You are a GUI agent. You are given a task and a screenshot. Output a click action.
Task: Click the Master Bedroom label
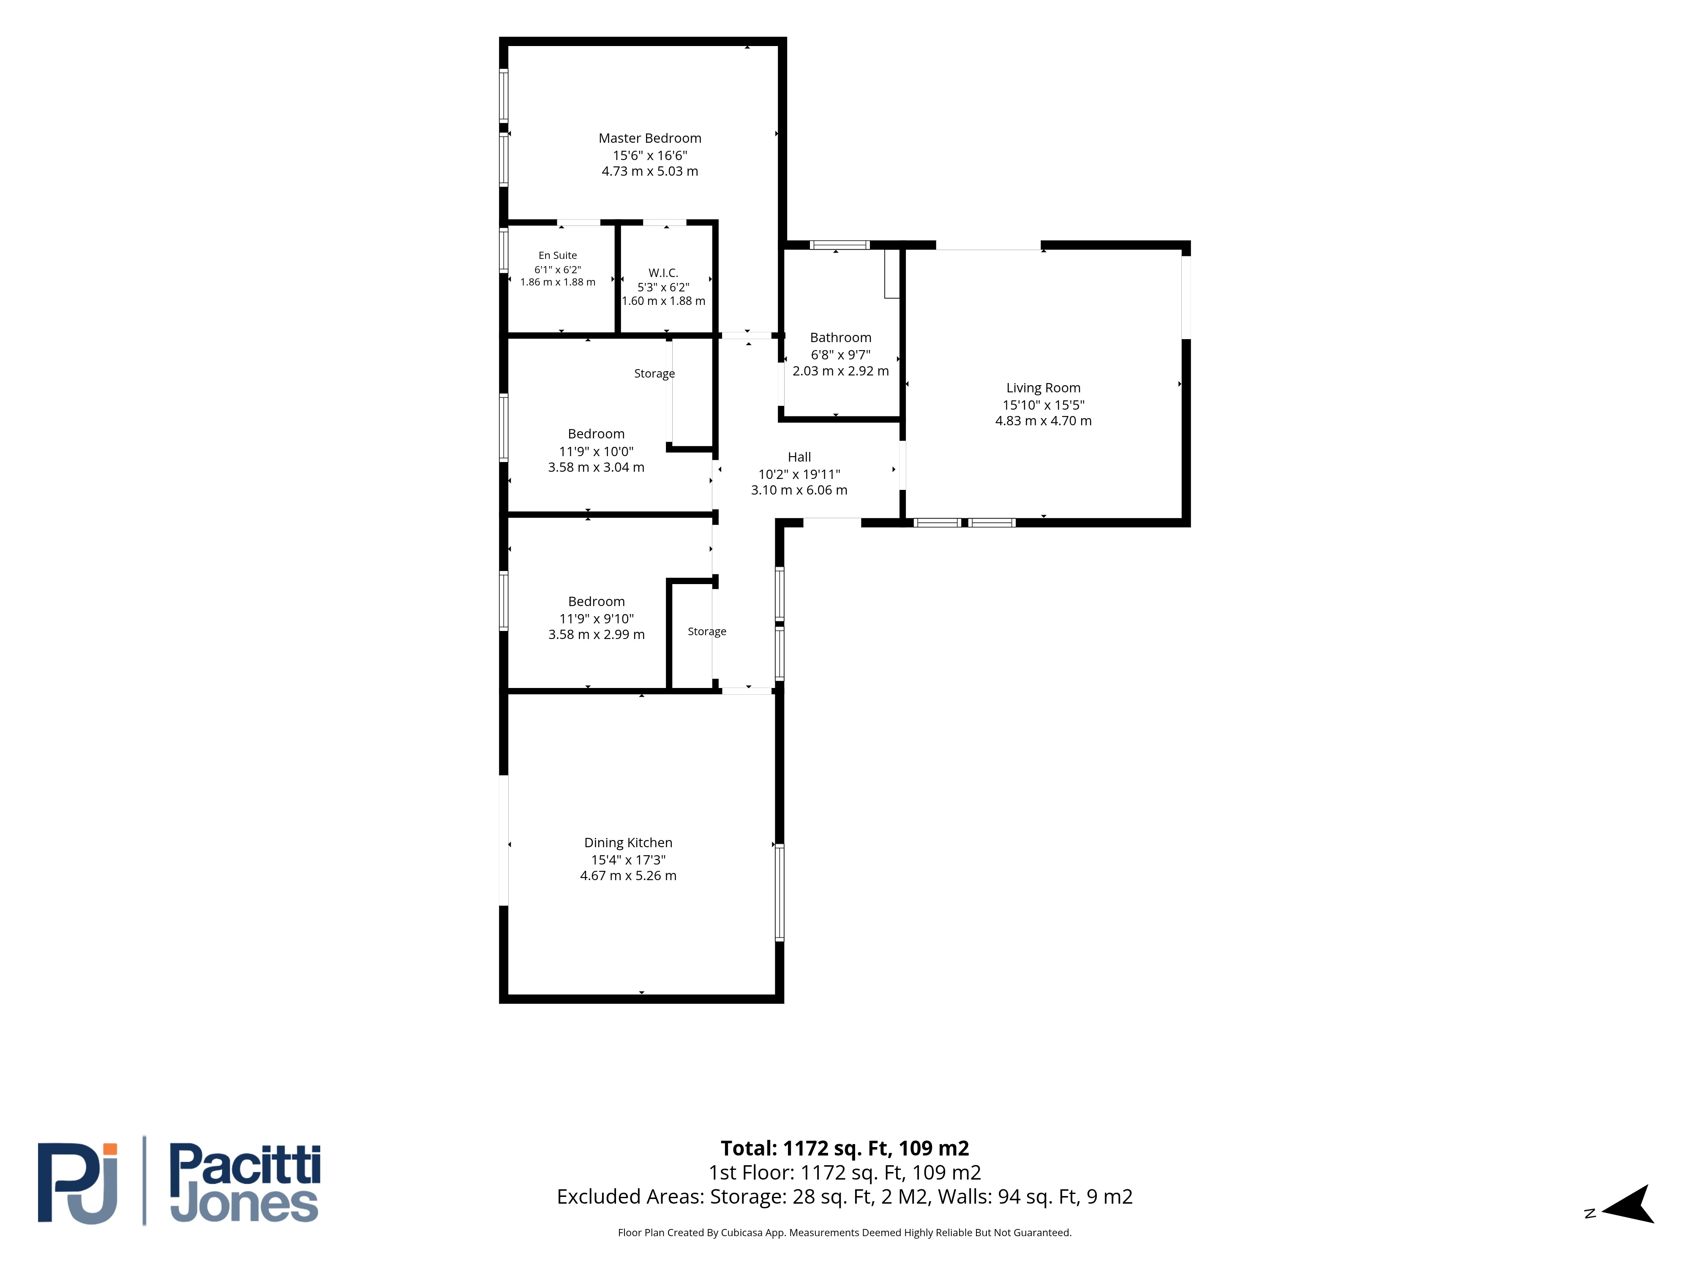coord(649,138)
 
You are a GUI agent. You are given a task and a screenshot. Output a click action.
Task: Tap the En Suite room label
coord(558,255)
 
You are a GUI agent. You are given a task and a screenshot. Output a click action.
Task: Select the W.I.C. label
coord(663,273)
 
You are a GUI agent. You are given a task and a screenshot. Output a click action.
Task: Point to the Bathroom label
coord(840,337)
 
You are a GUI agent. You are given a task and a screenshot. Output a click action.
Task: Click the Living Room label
coord(1043,388)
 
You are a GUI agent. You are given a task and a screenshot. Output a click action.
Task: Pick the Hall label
coord(799,457)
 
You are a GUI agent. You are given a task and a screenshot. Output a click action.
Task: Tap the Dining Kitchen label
coord(628,843)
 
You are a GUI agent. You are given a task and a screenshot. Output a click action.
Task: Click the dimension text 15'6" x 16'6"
coord(649,155)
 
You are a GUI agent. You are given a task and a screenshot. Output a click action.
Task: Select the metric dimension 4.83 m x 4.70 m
coord(1043,421)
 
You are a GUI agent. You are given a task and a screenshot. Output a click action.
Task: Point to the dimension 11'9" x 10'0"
coord(596,451)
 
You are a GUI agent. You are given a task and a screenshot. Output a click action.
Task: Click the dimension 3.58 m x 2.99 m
coord(596,635)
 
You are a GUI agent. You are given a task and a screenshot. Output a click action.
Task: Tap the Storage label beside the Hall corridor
coord(707,631)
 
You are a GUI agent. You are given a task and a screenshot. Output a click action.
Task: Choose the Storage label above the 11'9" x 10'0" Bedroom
coord(654,373)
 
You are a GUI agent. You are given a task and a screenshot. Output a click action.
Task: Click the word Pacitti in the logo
coord(245,1165)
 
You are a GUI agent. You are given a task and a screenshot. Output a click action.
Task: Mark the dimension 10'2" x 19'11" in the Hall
coord(799,474)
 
